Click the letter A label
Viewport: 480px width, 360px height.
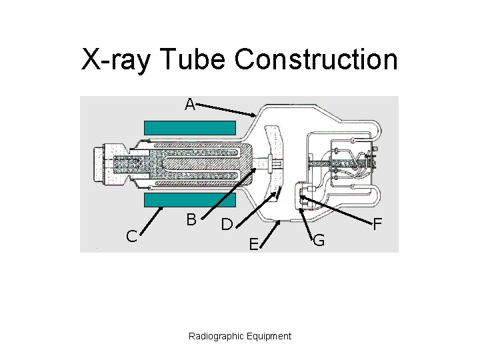190,105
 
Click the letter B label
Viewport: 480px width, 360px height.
191,219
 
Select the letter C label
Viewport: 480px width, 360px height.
132,235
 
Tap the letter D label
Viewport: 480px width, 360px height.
227,225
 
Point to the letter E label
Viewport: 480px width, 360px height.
253,245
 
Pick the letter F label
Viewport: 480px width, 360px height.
377,225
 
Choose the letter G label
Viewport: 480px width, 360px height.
319,241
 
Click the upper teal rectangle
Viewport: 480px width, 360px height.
190,127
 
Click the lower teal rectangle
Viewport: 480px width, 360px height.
190,199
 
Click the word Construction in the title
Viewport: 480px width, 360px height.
316,60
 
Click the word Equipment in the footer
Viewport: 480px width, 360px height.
269,336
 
